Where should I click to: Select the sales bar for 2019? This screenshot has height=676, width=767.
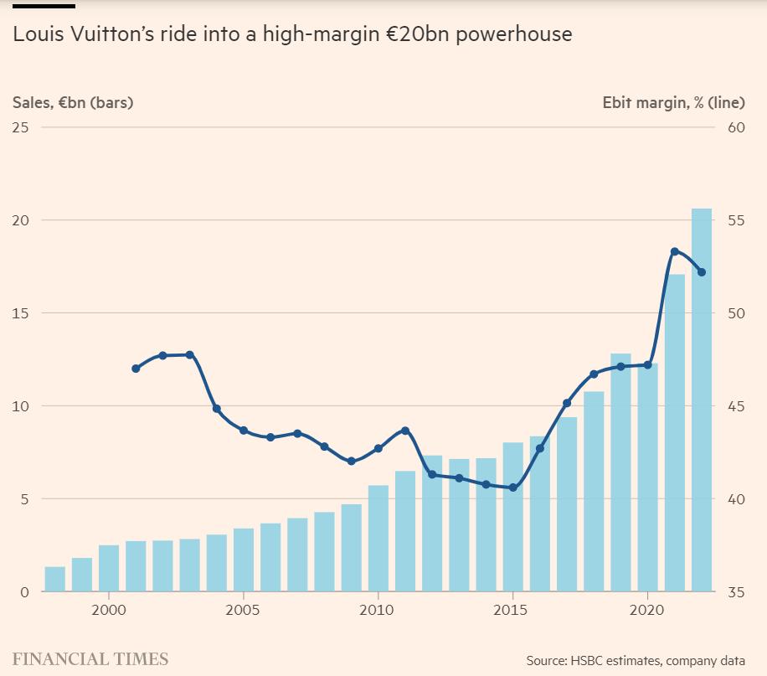click(x=620, y=473)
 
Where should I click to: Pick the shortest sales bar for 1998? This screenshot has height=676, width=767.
click(x=55, y=580)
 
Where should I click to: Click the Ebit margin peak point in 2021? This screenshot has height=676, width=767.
click(x=675, y=251)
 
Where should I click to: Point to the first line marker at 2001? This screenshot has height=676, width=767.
click(x=136, y=369)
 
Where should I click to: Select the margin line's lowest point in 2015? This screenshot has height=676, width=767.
click(x=513, y=488)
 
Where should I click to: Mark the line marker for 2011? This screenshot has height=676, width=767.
click(x=405, y=431)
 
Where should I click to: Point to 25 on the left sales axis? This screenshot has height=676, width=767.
click(x=21, y=127)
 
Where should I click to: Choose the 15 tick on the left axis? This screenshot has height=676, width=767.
click(x=21, y=313)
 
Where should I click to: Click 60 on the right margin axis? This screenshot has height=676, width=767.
click(x=736, y=127)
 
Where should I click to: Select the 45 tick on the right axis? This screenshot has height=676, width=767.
click(x=736, y=406)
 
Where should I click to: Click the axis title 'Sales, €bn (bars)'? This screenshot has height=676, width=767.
click(x=73, y=103)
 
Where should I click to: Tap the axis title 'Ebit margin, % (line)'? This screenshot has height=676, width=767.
click(x=673, y=103)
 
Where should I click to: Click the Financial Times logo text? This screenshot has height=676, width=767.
click(x=90, y=659)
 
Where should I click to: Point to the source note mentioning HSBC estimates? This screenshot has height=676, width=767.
click(x=635, y=661)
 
